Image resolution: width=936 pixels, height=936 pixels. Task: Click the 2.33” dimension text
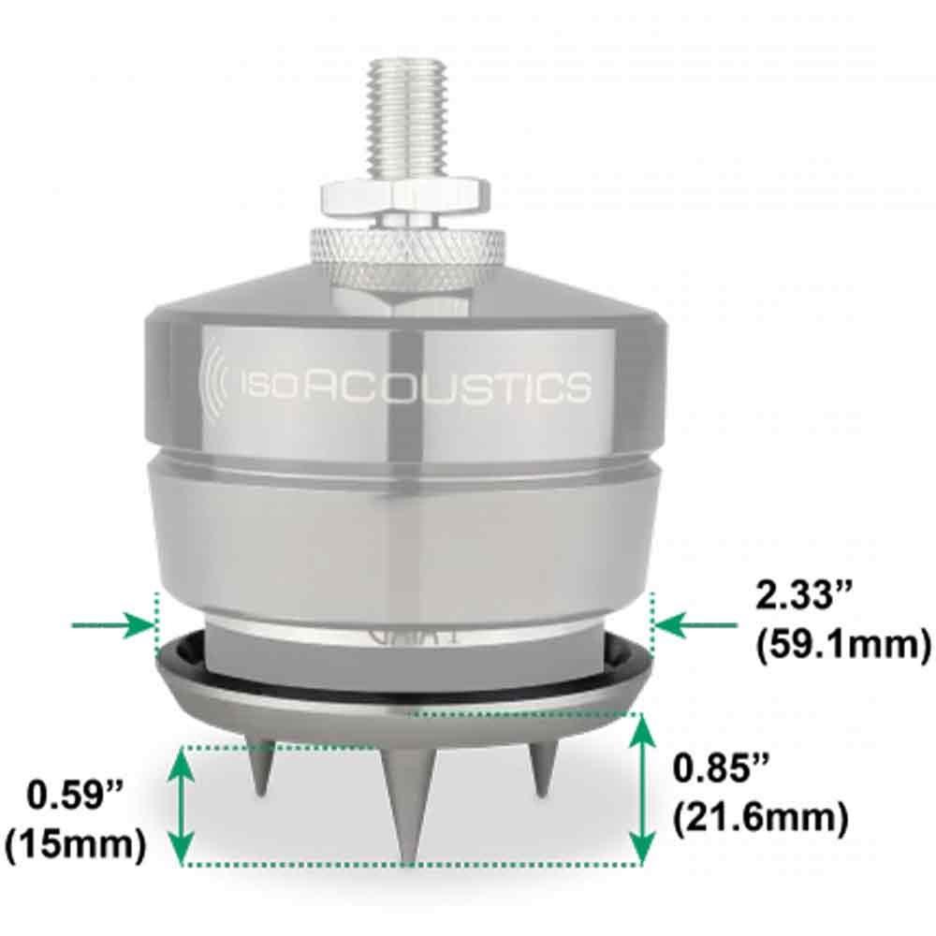[804, 595]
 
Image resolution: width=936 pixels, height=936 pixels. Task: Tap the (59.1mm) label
[843, 645]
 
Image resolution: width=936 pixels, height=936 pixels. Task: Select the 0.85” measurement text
[721, 768]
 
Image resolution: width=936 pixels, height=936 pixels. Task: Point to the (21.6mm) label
[760, 817]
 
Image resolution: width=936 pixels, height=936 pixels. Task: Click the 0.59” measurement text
[75, 796]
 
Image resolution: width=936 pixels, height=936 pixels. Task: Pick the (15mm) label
[75, 844]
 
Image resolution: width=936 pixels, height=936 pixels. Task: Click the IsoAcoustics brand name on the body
[417, 387]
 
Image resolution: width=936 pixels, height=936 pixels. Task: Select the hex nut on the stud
[404, 200]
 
